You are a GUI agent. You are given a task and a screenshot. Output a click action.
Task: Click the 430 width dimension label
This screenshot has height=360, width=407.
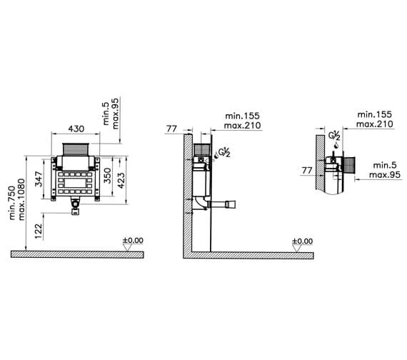tap(76, 129)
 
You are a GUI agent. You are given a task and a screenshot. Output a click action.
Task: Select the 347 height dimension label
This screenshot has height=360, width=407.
tap(39, 179)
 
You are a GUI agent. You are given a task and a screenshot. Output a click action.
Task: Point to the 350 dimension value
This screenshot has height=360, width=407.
tap(107, 176)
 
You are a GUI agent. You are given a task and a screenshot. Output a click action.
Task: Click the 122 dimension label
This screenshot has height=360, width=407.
tap(39, 231)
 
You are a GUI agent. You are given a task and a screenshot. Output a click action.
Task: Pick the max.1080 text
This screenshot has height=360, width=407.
tap(21, 199)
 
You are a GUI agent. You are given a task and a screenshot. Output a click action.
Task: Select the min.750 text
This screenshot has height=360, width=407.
tap(12, 203)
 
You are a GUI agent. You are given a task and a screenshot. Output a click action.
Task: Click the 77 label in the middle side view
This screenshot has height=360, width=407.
tap(171, 129)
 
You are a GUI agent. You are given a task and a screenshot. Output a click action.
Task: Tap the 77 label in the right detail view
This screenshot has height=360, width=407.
tap(307, 171)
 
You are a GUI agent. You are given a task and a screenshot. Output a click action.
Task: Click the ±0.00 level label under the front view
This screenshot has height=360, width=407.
tap(133, 240)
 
